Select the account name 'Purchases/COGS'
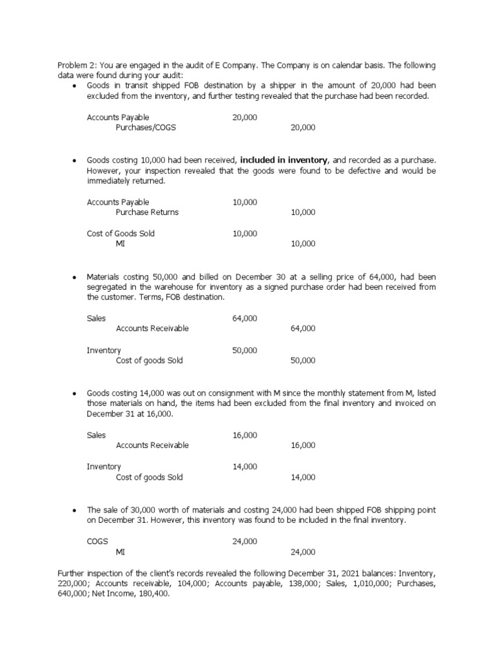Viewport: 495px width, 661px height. coord(146,128)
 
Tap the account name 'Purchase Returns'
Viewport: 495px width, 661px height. coord(147,212)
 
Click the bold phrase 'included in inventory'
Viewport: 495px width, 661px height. coord(284,160)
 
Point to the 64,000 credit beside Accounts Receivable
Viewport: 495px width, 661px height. coord(303,329)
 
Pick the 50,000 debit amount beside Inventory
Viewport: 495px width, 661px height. coord(245,351)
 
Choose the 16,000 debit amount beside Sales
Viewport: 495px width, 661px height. coord(245,435)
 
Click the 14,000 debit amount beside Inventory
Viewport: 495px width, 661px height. coord(245,467)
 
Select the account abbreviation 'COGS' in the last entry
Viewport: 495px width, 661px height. coord(98,542)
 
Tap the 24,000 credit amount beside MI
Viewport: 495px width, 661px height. coord(303,553)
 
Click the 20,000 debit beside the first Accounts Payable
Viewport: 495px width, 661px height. coord(245,117)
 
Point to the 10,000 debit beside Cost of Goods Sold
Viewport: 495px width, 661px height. coord(245,234)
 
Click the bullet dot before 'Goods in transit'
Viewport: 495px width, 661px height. coord(75,86)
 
